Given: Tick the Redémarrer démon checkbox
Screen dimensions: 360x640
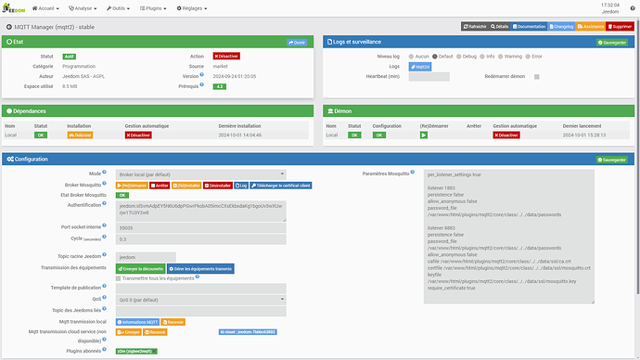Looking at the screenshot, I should coord(536,76).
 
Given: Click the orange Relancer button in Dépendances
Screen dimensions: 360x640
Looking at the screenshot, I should coord(80,135).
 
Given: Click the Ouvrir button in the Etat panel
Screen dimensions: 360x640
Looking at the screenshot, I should coord(297,42).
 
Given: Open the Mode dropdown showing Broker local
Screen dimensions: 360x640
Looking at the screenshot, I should coord(200,174).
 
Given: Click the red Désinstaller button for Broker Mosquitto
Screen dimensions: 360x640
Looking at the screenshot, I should coord(216,185).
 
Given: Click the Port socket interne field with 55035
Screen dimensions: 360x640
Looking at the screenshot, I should coord(200,226).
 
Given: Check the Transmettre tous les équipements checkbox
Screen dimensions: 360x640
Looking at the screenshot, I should coord(119,278).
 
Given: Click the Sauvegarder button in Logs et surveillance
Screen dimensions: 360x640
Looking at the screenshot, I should coord(613,42).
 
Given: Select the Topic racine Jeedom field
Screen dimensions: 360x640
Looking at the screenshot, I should coord(146,257).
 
